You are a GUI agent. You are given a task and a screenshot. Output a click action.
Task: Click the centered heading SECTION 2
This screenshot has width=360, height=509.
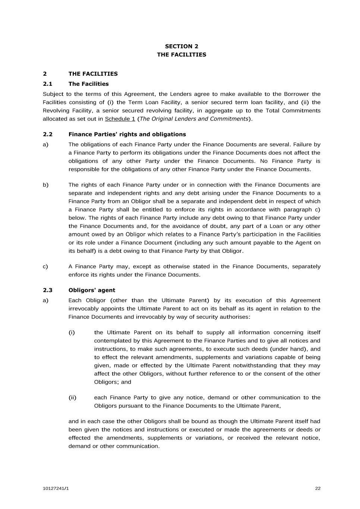click(x=181, y=46)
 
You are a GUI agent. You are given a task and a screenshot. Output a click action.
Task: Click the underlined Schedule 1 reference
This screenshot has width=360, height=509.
click(x=120, y=119)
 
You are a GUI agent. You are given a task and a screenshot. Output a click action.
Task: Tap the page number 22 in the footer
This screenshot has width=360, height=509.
click(x=317, y=488)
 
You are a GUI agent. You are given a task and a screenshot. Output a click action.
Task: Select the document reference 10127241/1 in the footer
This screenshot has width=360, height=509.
click(x=56, y=488)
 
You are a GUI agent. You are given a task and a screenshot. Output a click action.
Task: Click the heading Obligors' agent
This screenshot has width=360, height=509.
click(x=92, y=290)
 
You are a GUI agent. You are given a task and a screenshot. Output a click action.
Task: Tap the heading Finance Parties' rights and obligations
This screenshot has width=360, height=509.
click(x=127, y=134)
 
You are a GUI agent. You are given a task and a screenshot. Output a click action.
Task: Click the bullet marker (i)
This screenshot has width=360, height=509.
click(x=72, y=332)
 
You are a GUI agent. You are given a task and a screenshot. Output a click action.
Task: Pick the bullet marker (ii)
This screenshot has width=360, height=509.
click(x=72, y=398)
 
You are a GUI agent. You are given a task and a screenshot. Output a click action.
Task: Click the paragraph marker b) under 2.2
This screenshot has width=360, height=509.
click(x=46, y=185)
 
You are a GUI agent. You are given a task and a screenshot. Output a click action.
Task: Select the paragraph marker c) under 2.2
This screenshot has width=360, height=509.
click(x=45, y=267)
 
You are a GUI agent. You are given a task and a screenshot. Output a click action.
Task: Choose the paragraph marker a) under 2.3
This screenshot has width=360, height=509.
click(x=46, y=300)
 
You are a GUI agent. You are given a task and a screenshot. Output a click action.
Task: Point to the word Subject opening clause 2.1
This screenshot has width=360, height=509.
click(x=53, y=94)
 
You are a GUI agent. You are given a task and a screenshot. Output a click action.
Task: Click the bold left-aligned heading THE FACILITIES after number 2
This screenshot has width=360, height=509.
click(x=93, y=74)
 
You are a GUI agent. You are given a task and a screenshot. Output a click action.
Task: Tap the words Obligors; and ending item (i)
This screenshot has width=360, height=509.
click(x=112, y=382)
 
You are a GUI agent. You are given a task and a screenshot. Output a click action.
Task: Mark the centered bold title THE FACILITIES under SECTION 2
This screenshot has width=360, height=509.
click(x=181, y=55)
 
